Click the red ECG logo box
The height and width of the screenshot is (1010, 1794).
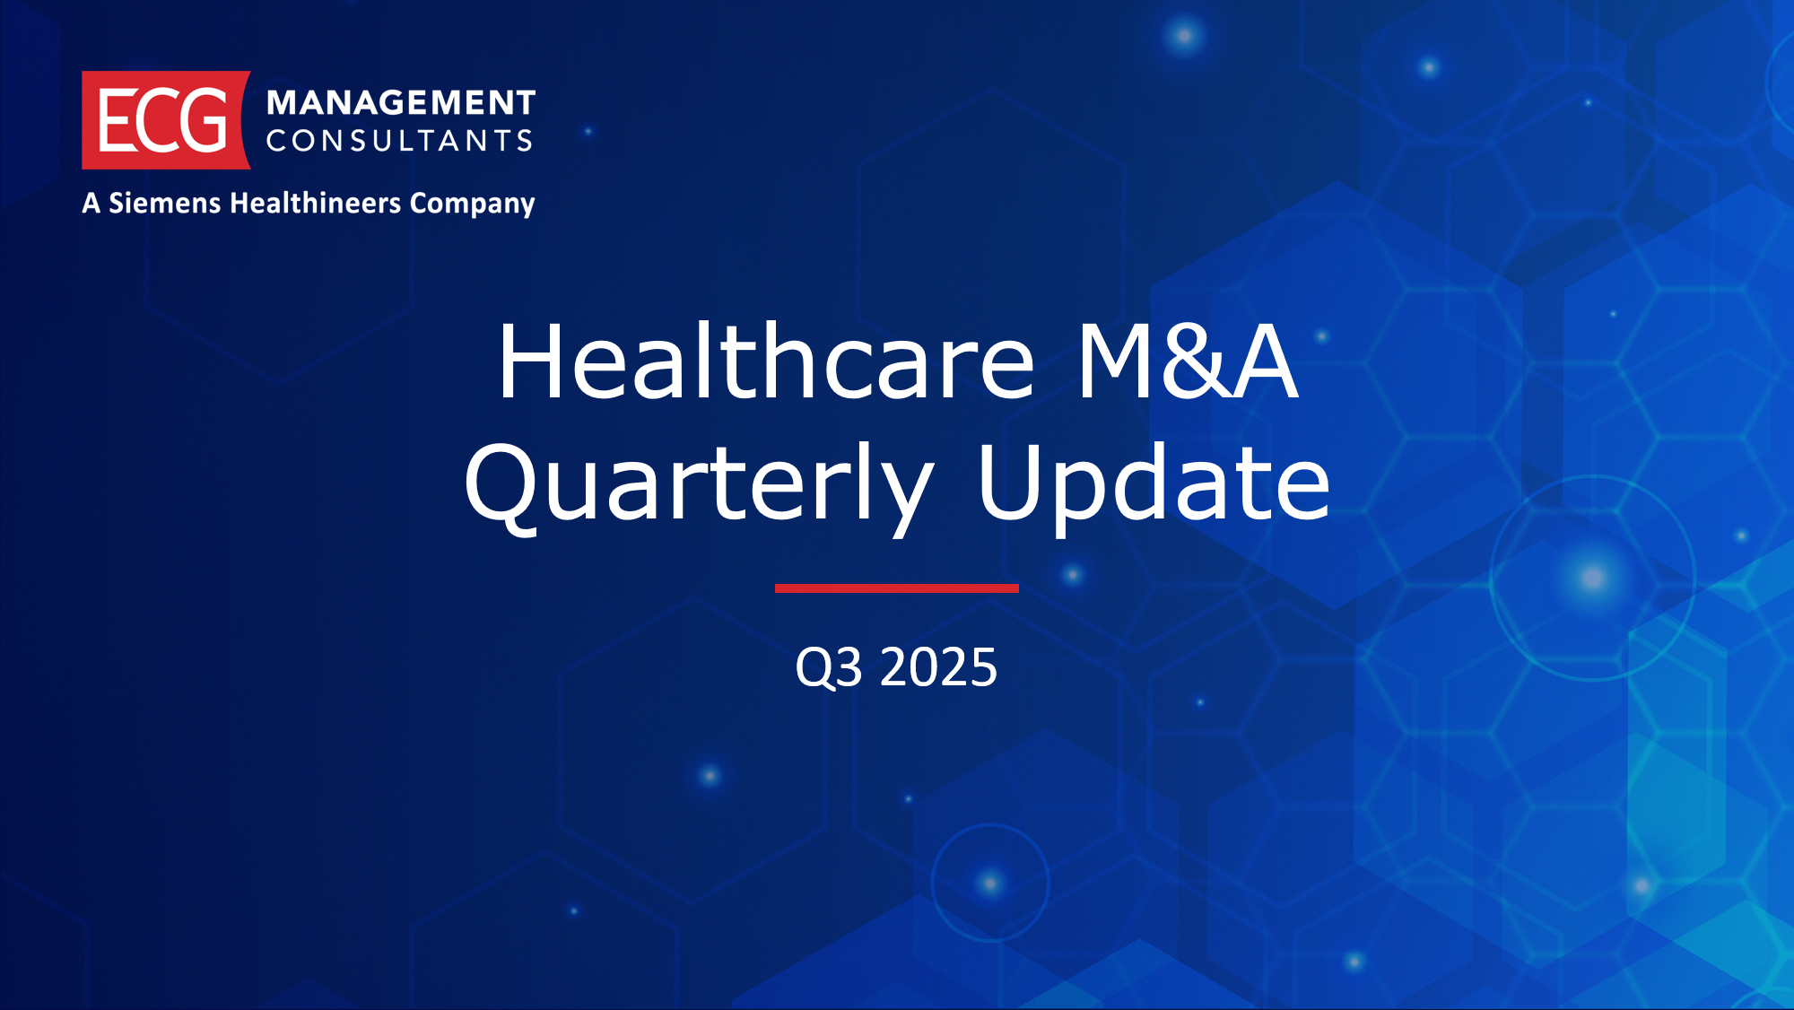(166, 120)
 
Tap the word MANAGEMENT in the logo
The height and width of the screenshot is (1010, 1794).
(401, 103)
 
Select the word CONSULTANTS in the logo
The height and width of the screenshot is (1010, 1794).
(400, 140)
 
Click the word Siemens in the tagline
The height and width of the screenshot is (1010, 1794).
(165, 203)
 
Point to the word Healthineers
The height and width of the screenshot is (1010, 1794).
(316, 203)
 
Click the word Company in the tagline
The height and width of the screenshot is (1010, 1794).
(473, 205)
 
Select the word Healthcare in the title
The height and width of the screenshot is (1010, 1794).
(767, 361)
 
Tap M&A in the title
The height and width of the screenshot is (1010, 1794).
(1188, 361)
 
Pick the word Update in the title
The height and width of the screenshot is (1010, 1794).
(1154, 485)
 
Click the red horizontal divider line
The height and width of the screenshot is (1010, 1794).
(897, 588)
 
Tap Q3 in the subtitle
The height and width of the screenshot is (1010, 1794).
(829, 668)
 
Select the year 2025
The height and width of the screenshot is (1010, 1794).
(938, 667)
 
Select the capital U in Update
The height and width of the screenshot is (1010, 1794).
(1009, 482)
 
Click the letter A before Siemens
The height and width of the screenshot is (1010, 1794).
(91, 203)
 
